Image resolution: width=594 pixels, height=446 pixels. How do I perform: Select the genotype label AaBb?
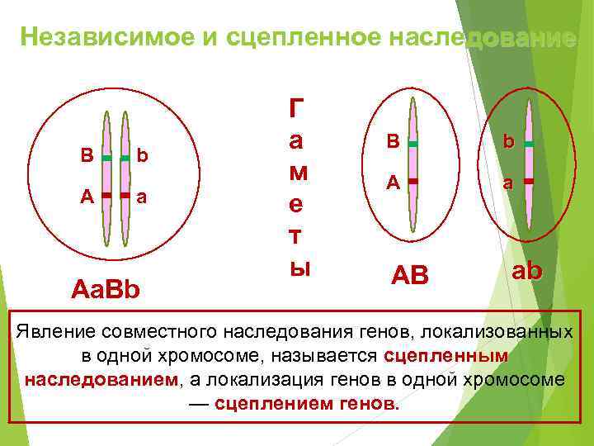[106, 291]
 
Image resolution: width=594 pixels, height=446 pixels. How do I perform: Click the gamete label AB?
[409, 276]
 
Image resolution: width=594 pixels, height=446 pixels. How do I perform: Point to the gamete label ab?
[527, 271]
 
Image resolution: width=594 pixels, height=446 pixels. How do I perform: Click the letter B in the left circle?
[87, 155]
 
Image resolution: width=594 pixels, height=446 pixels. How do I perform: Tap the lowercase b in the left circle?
[142, 155]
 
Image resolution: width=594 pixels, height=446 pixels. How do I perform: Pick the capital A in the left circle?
[87, 196]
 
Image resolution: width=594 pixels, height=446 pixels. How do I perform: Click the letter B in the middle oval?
[394, 141]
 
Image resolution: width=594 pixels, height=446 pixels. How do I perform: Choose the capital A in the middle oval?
[394, 183]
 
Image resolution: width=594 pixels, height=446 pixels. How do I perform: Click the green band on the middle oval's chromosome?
[412, 144]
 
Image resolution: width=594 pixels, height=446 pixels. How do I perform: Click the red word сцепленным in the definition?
[445, 356]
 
